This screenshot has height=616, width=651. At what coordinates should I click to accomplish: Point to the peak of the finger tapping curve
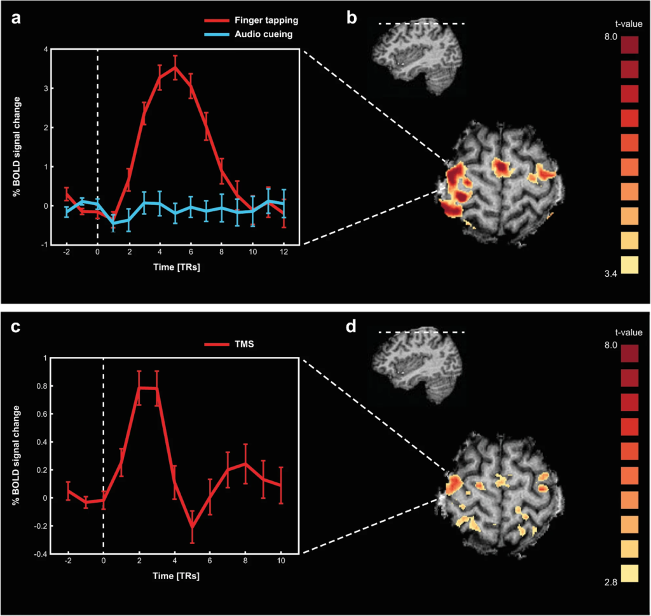[175, 67]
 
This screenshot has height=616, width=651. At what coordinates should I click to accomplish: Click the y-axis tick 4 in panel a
[45, 49]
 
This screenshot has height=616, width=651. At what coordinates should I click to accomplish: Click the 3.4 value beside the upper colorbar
[610, 274]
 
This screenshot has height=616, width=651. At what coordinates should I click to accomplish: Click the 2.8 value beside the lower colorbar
[610, 582]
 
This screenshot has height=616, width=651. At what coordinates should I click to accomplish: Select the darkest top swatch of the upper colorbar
[628, 46]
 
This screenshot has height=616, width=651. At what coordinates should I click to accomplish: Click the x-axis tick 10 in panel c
[280, 561]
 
